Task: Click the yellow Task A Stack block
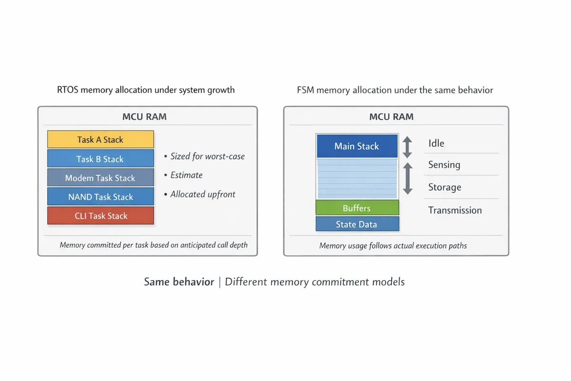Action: pyautogui.click(x=100, y=140)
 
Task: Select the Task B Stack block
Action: pyautogui.click(x=100, y=159)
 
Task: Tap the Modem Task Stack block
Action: pyautogui.click(x=100, y=178)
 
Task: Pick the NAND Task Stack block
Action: pyautogui.click(x=100, y=197)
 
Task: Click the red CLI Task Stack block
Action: pyautogui.click(x=100, y=216)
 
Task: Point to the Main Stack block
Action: pyautogui.click(x=357, y=146)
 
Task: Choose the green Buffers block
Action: pyautogui.click(x=357, y=208)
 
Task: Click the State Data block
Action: pyautogui.click(x=357, y=224)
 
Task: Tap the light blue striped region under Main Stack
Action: pyautogui.click(x=357, y=179)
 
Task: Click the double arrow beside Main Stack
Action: pyautogui.click(x=407, y=147)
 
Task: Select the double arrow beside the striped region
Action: pyautogui.click(x=407, y=179)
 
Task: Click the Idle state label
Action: pyautogui.click(x=436, y=143)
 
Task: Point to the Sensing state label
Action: pyautogui.click(x=444, y=165)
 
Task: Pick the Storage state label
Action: pyautogui.click(x=445, y=187)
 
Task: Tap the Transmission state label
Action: pyautogui.click(x=455, y=210)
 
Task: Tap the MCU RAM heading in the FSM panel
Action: pyautogui.click(x=392, y=117)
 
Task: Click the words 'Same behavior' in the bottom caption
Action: pyautogui.click(x=179, y=282)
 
